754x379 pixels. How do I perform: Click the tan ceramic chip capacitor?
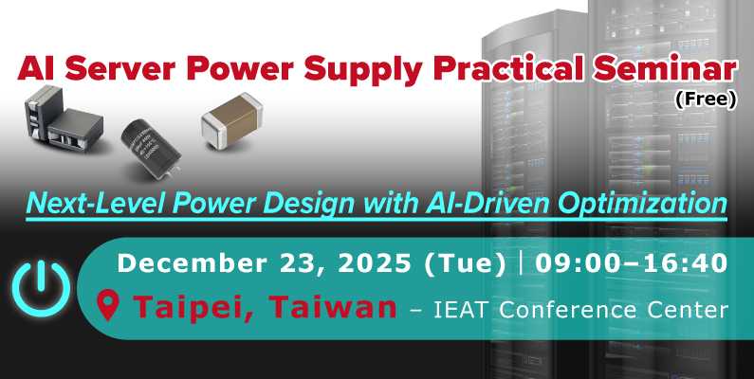coord(229,124)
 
